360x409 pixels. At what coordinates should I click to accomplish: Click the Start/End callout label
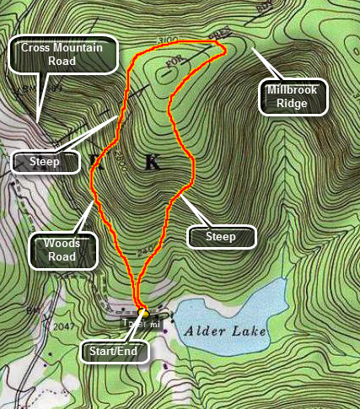115,350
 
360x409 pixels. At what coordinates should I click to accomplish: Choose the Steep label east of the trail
221,236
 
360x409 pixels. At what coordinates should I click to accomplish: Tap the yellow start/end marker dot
142,311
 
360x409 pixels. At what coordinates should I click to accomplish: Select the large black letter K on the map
152,163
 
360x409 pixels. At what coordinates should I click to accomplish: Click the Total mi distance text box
140,323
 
